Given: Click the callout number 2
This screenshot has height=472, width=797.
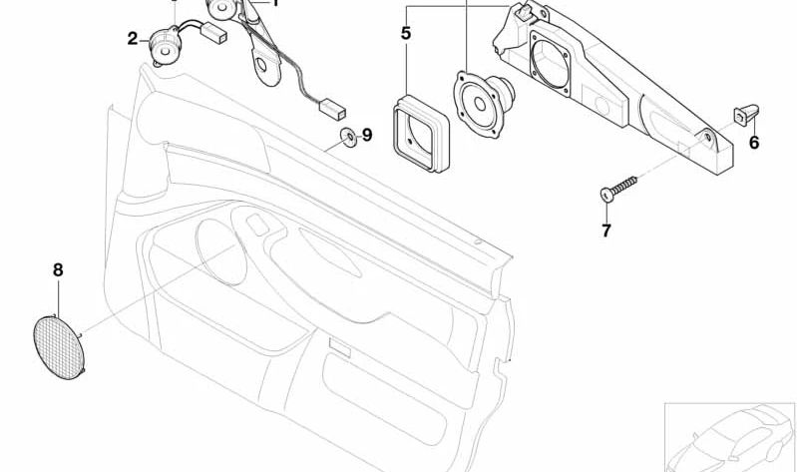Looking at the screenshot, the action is click(133, 39).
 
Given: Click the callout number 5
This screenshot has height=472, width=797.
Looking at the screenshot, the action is click(406, 33).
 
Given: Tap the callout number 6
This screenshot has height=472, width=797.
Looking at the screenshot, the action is click(754, 143).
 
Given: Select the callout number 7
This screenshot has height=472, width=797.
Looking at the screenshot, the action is click(605, 231).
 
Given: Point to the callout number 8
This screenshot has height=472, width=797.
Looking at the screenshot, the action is click(58, 270).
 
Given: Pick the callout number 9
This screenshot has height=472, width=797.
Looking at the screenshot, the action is click(367, 135).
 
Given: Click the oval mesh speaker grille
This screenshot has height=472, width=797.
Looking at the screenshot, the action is click(59, 347).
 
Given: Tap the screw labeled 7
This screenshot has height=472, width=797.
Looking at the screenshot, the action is click(618, 189).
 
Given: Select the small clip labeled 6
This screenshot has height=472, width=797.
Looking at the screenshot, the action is click(746, 115).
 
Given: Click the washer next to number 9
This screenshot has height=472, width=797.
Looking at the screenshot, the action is click(349, 137).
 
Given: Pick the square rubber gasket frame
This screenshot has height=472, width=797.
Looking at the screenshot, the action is click(421, 133).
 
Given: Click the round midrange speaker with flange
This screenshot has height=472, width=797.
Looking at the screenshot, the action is click(483, 104).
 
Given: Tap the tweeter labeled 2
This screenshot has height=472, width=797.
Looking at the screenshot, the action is click(165, 46).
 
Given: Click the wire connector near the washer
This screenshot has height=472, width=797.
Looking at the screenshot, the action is click(331, 110).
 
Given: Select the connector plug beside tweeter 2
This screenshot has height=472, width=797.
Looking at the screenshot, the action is click(214, 34).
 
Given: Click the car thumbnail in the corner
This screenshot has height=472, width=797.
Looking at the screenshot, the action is click(730, 437).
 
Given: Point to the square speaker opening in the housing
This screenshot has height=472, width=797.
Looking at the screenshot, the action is click(552, 63).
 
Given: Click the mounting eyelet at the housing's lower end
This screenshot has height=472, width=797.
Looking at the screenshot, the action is click(707, 137).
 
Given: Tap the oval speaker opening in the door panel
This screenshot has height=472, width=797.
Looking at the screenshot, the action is click(221, 251).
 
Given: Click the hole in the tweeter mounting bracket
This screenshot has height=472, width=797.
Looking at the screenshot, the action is click(261, 65).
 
